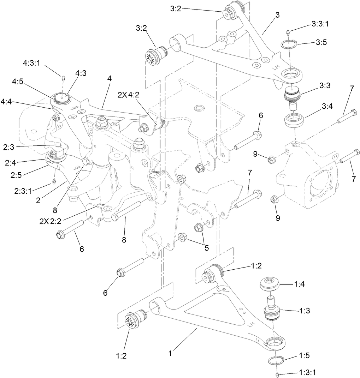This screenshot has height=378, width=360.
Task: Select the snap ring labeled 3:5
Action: pyautogui.click(x=289, y=45)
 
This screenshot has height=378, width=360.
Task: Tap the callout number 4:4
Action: pyautogui.click(x=9, y=102)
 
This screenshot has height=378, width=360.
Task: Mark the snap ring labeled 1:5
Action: pyautogui.click(x=275, y=360)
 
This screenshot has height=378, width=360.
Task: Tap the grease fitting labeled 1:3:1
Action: pyautogui.click(x=277, y=374)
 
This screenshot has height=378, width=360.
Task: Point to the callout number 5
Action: pyautogui.click(x=206, y=247)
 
